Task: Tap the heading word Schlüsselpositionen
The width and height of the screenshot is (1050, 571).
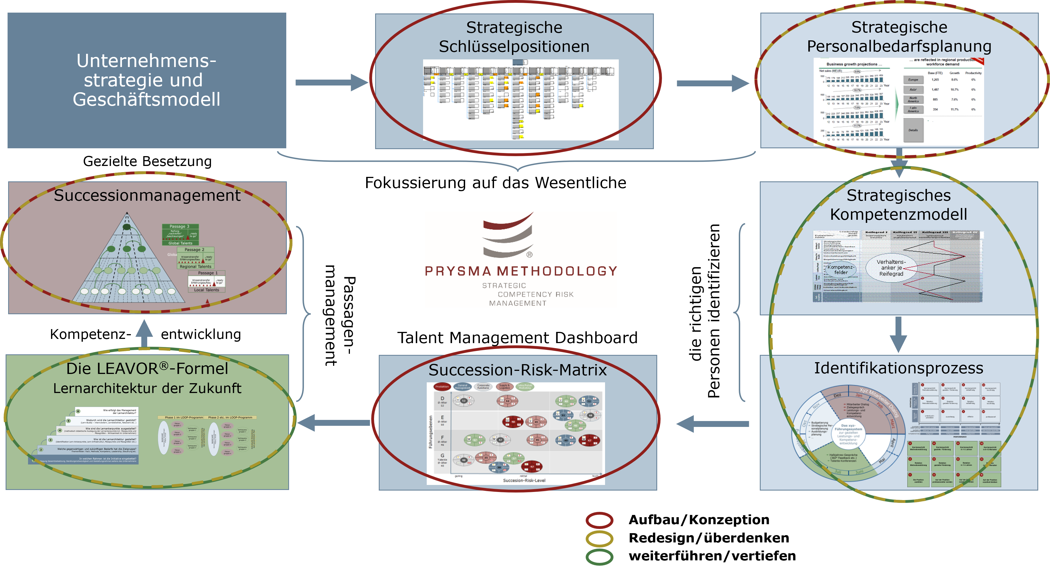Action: (514, 47)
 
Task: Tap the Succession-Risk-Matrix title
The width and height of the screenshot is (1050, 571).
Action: (517, 370)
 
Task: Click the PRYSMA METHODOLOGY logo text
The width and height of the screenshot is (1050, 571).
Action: (521, 271)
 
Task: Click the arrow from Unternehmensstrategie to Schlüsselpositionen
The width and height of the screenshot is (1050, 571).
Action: (330, 83)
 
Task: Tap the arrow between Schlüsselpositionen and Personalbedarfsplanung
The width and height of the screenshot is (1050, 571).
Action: (712, 83)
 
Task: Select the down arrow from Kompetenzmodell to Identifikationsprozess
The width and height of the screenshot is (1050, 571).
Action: (898, 334)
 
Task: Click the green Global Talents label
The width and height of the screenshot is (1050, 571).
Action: (180, 243)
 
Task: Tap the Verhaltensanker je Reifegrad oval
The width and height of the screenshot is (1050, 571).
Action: (891, 268)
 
